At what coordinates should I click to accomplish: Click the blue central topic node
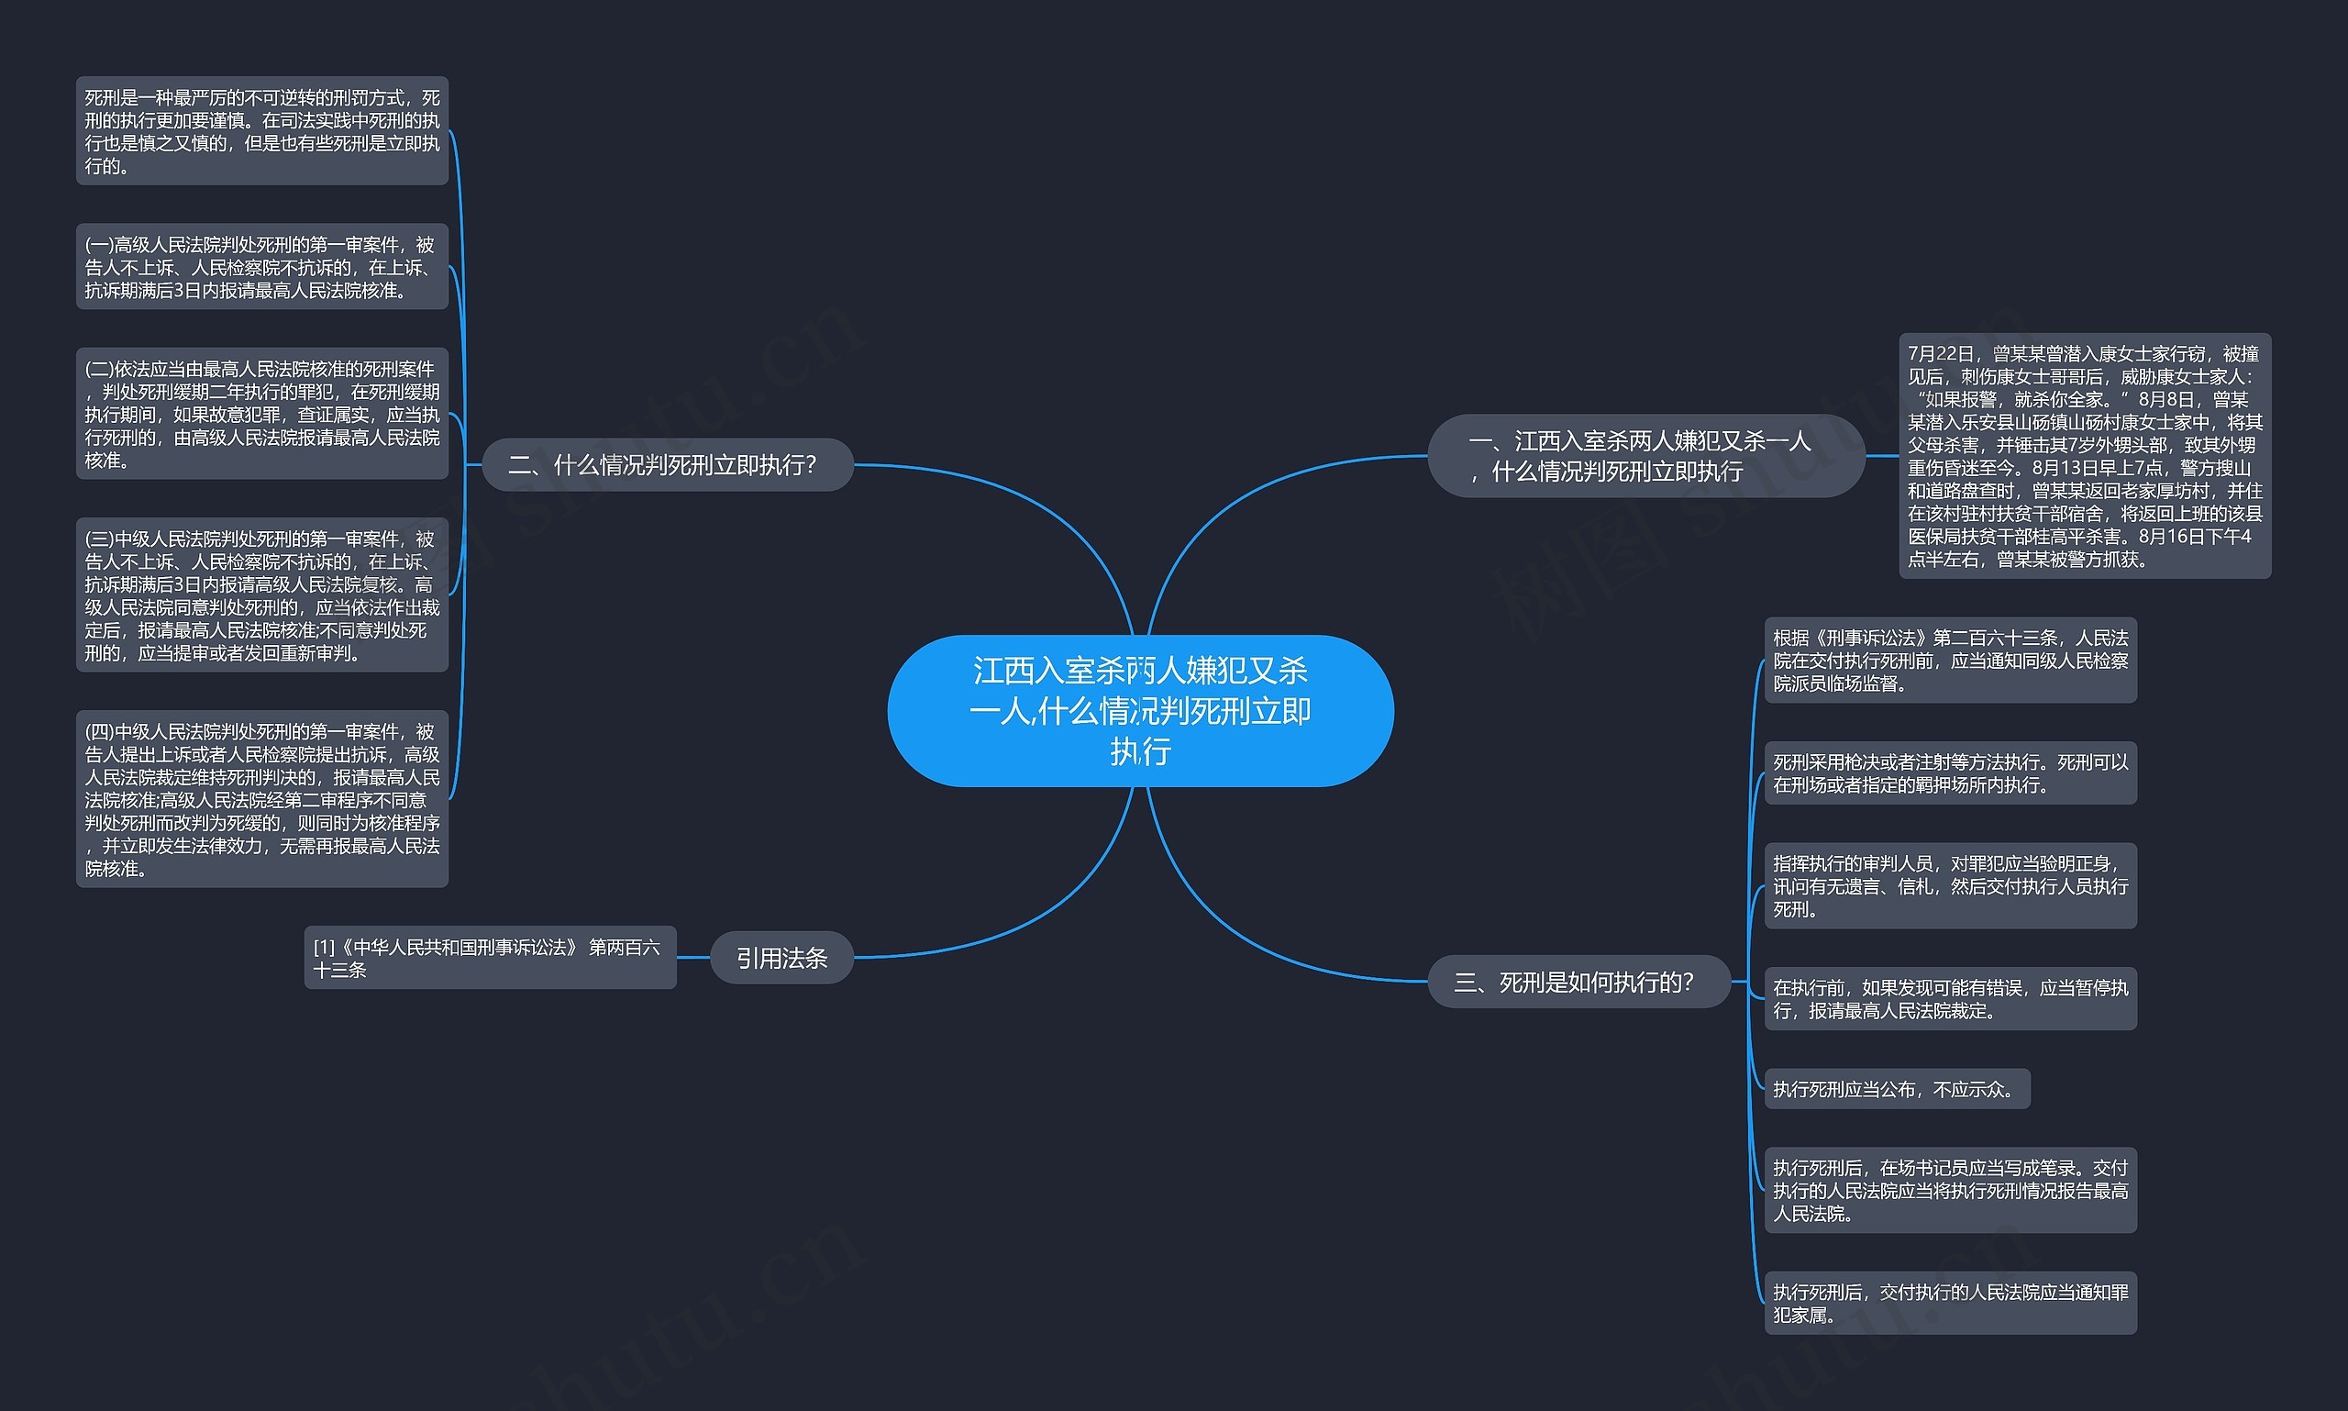pyautogui.click(x=1140, y=710)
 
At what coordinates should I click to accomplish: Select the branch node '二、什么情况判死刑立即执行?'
pyautogui.click(x=668, y=465)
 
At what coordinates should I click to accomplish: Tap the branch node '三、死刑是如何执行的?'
pyautogui.click(x=1578, y=982)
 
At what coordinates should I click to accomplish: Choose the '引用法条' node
pyautogui.click(x=781, y=958)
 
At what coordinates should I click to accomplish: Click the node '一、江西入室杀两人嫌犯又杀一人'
pyautogui.click(x=1645, y=455)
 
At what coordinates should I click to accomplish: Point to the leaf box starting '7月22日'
pyautogui.click(x=2084, y=455)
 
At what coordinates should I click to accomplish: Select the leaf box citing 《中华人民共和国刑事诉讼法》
pyautogui.click(x=490, y=958)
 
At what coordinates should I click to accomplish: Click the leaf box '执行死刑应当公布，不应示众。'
pyautogui.click(x=1896, y=1089)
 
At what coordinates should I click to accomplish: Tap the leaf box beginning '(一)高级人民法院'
pyautogui.click(x=261, y=267)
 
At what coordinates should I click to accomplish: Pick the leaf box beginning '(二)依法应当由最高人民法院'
pyautogui.click(x=261, y=414)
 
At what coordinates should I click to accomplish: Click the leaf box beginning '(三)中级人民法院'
pyautogui.click(x=261, y=595)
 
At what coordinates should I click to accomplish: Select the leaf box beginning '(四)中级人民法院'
pyautogui.click(x=261, y=799)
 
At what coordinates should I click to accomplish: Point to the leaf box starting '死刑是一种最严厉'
pyautogui.click(x=261, y=131)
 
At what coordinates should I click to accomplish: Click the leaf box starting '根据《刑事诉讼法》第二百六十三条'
pyautogui.click(x=1950, y=660)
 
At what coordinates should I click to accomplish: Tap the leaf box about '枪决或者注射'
pyautogui.click(x=1950, y=773)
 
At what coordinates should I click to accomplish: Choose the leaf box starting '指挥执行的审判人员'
pyautogui.click(x=1950, y=885)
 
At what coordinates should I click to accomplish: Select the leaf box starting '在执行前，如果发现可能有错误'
pyautogui.click(x=1950, y=998)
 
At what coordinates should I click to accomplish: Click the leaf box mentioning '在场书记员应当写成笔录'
pyautogui.click(x=1950, y=1190)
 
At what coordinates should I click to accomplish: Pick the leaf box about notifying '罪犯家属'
pyautogui.click(x=1950, y=1303)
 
